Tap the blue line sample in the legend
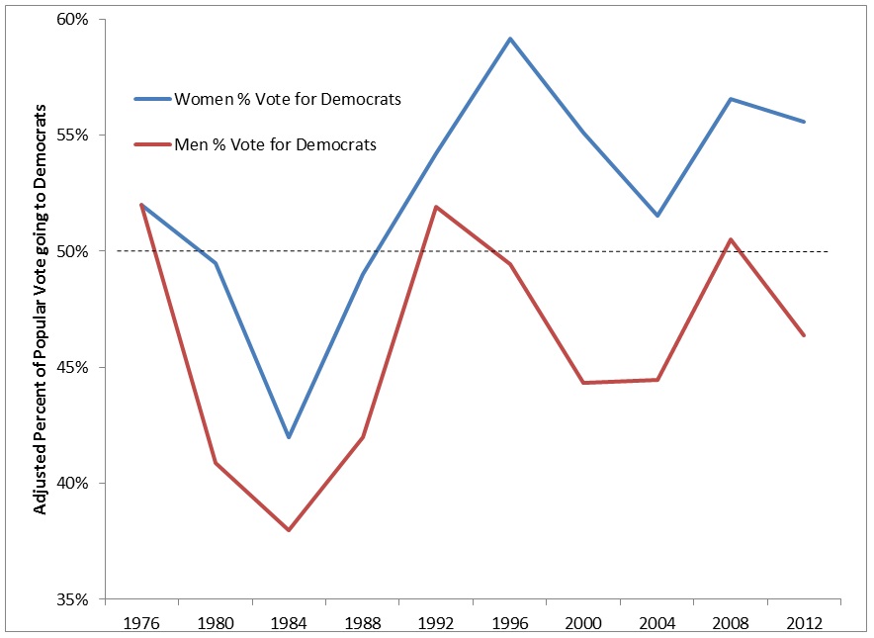point(152,99)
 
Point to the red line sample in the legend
point(152,144)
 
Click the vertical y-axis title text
point(41,311)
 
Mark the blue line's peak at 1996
point(510,39)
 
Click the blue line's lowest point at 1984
point(289,437)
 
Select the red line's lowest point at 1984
point(289,530)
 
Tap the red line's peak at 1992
point(436,207)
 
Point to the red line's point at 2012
point(804,335)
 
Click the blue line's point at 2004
point(656,216)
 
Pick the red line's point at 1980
point(216,463)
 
